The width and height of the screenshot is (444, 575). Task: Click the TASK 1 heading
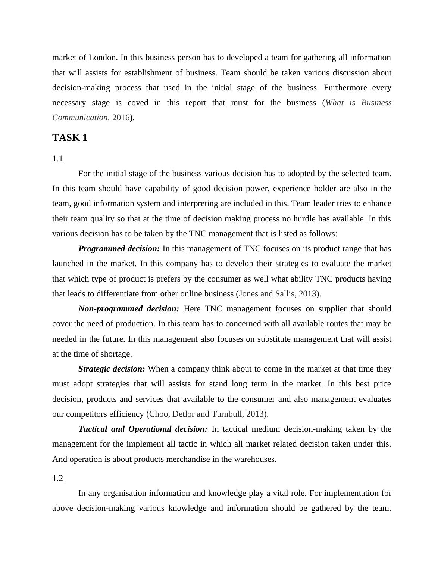click(70, 138)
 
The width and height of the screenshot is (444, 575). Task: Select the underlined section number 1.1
click(57, 159)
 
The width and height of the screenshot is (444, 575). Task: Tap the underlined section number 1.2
click(57, 478)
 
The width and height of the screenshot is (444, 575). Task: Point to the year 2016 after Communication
click(121, 118)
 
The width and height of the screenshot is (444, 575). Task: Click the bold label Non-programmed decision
click(128, 309)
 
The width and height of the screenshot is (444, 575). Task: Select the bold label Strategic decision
click(112, 369)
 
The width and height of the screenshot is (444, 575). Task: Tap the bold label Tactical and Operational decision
click(143, 429)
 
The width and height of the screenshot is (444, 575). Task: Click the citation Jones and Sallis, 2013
click(278, 294)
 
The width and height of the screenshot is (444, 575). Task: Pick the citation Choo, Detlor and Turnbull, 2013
click(207, 414)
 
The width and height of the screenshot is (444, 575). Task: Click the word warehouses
click(254, 459)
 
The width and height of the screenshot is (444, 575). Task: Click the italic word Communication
click(80, 118)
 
